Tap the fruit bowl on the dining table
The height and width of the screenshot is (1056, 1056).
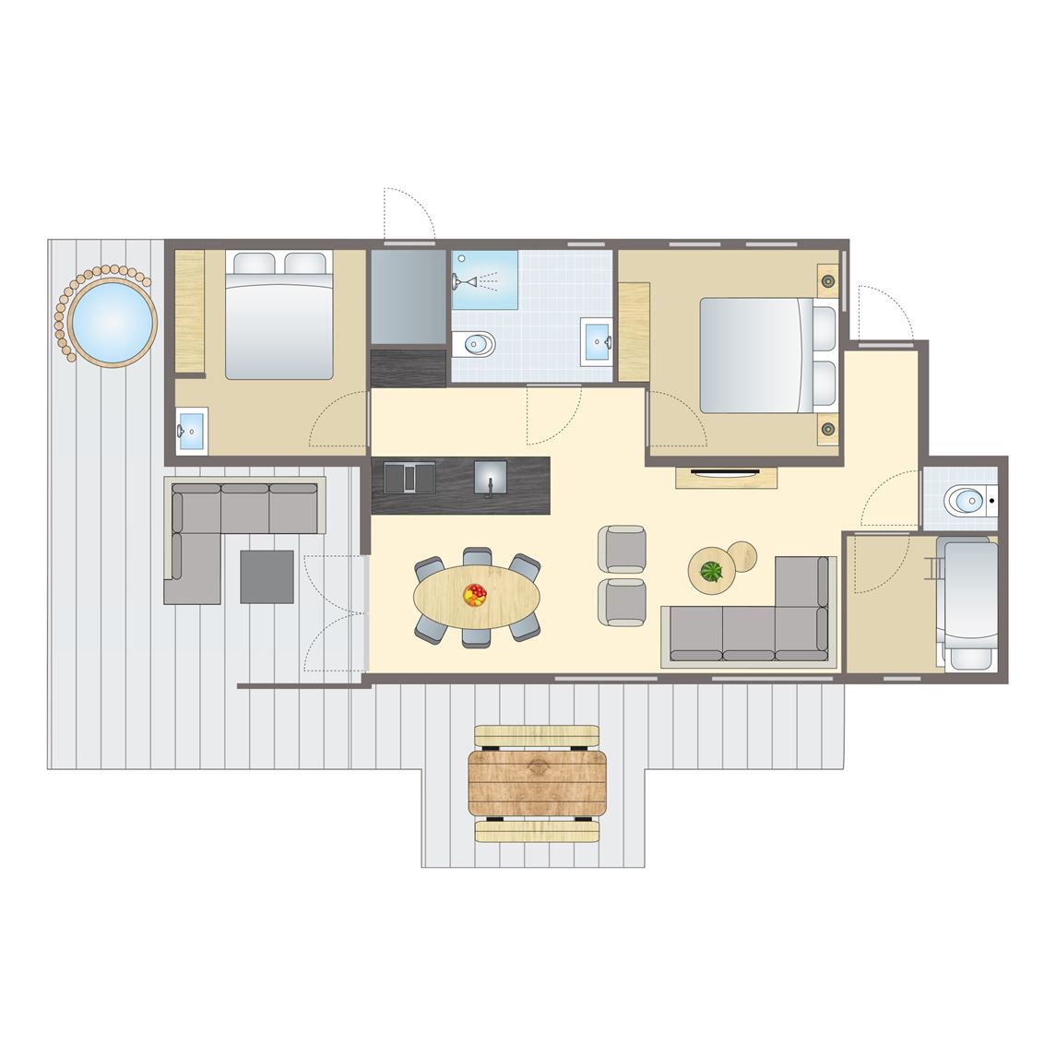pos(475,595)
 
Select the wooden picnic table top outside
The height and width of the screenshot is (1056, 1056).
pos(538,782)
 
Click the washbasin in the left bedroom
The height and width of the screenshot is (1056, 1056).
pos(192,433)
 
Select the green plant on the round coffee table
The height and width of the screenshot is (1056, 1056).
pos(711,572)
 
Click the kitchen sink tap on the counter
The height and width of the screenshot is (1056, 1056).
pos(490,481)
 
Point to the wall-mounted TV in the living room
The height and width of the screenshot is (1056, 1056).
pos(726,474)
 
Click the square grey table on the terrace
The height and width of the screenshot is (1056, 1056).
pos(267,576)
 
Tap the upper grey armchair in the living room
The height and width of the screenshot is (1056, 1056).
pos(623,548)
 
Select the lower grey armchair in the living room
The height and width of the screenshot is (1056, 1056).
pos(623,602)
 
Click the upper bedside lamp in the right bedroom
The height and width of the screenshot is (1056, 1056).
pos(828,279)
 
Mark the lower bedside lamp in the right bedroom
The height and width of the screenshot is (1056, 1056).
pos(828,428)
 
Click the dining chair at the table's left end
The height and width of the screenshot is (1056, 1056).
pos(428,570)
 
